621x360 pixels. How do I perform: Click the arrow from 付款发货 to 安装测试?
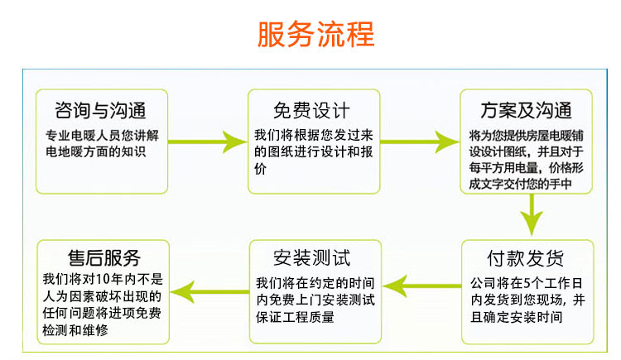425,286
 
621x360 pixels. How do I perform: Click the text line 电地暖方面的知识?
96,151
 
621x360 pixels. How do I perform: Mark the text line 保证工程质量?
296,314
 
